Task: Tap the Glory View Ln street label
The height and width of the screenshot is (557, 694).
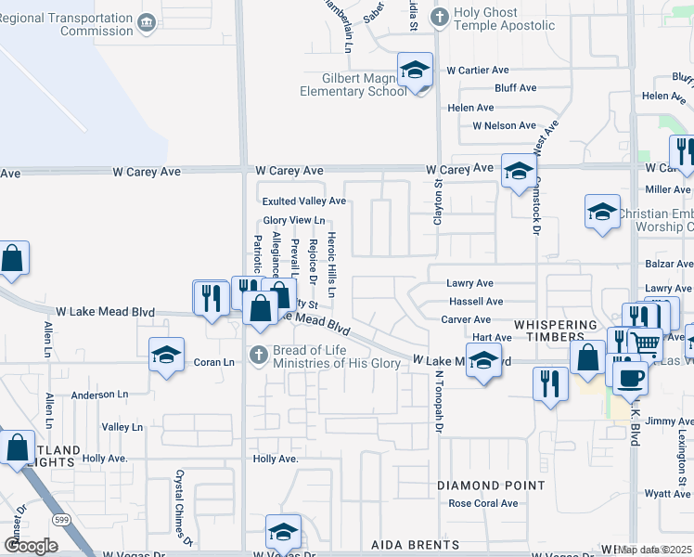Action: click(x=293, y=220)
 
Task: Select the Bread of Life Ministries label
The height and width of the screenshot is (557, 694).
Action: click(x=337, y=356)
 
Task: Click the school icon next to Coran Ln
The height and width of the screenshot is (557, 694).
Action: click(x=167, y=355)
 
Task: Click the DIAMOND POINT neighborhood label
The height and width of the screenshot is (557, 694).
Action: click(x=491, y=486)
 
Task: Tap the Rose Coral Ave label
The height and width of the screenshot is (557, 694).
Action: click(x=483, y=503)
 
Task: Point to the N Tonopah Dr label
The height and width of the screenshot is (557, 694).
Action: click(x=437, y=401)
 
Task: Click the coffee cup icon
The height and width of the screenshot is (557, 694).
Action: click(x=630, y=377)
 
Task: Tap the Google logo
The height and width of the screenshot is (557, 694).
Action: click(x=31, y=546)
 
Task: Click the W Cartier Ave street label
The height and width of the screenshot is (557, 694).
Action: click(x=478, y=70)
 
